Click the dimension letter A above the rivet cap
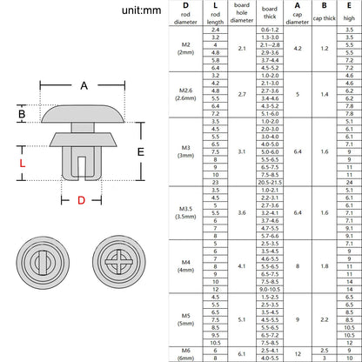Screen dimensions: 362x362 pos(84,85)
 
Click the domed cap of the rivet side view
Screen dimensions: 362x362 pos(84,113)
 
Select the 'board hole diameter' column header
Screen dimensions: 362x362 pos(241,14)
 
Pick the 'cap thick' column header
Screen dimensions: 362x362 pos(325,14)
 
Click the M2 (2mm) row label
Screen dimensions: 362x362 pos(185,50)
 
